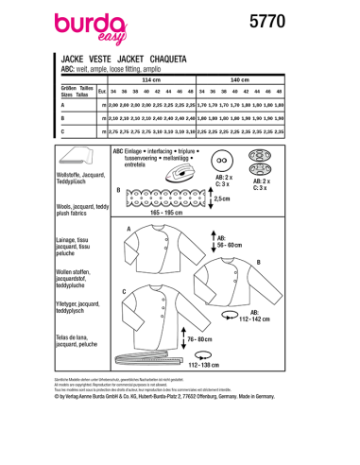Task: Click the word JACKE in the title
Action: (73, 58)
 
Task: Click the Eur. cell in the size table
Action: (101, 93)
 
